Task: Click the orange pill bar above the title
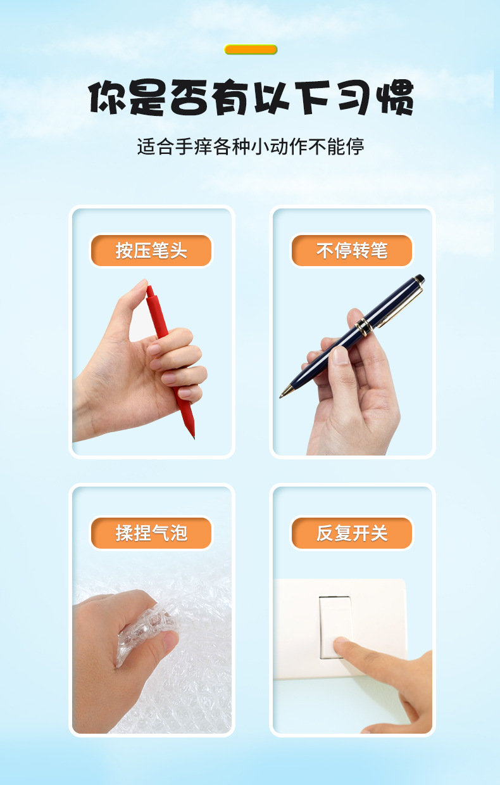(x=251, y=49)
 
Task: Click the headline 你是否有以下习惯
(x=251, y=98)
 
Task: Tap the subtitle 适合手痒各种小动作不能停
(x=251, y=147)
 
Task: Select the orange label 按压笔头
(x=151, y=251)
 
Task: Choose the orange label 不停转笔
(x=351, y=251)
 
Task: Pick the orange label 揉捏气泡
(x=151, y=533)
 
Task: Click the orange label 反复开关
(x=351, y=533)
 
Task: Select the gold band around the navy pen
(x=363, y=327)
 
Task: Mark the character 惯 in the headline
(x=394, y=98)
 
